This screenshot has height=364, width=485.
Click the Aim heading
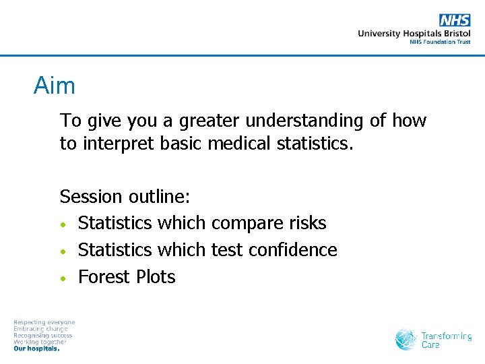[55, 86]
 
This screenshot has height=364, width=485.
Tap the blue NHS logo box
[455, 20]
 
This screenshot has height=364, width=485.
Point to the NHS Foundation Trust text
[440, 42]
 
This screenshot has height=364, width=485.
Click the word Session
[87, 197]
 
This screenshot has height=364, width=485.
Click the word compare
[246, 224]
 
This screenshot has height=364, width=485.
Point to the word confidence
[292, 250]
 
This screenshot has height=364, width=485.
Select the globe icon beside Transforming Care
[406, 339]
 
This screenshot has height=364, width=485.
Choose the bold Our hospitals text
[36, 349]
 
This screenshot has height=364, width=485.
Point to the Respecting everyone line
[44, 322]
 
